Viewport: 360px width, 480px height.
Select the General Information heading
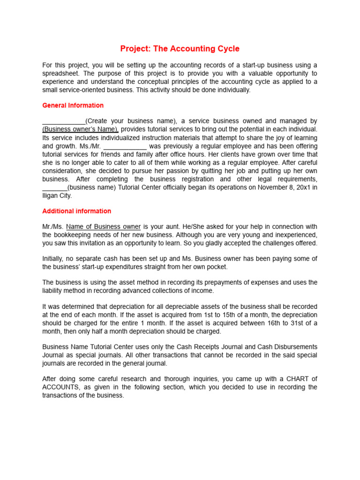(x=73, y=105)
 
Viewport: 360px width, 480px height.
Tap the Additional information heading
(x=76, y=211)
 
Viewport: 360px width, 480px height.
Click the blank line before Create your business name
(x=64, y=121)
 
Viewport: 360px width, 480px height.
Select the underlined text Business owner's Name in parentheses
(x=80, y=129)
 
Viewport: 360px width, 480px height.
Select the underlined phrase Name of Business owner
(x=103, y=226)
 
